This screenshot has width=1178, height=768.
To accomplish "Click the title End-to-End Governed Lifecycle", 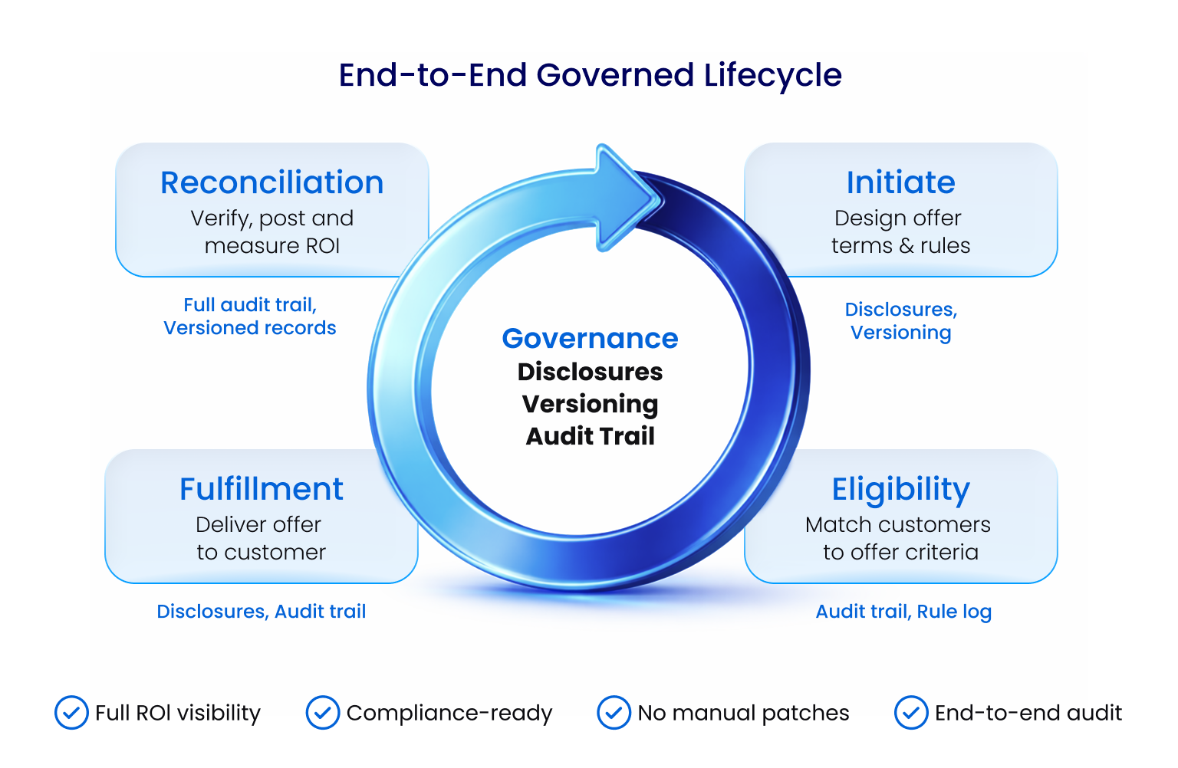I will pos(590,75).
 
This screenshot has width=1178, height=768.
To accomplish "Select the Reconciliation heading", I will pos(271,182).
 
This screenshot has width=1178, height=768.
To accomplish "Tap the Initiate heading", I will pos(900,182).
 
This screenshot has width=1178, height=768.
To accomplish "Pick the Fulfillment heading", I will pos(261,489).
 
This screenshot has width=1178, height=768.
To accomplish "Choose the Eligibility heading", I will pos(900,489).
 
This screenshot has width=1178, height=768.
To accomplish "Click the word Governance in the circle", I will pos(590,338).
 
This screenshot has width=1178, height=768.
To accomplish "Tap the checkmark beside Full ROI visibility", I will pos(71,713).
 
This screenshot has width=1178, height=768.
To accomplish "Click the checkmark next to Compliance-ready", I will pos(323,713).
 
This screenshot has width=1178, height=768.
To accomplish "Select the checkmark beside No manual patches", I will pos(614,713).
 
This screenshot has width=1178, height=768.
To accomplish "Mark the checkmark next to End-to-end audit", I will pos(911,713).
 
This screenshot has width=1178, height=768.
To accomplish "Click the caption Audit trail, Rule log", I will pos(903,612).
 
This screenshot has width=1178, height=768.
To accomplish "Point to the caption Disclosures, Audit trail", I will pos(261,612).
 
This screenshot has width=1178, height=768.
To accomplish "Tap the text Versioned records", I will pos(250,328).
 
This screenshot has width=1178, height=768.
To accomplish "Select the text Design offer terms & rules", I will pos(900,231).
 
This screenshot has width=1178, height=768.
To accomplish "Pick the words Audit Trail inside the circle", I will pos(590,436).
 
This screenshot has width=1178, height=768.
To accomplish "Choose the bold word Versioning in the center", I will pos(590,404).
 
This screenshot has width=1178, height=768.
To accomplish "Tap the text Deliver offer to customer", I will pos(261,538).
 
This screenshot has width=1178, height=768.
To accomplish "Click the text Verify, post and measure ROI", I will pos(271,231).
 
